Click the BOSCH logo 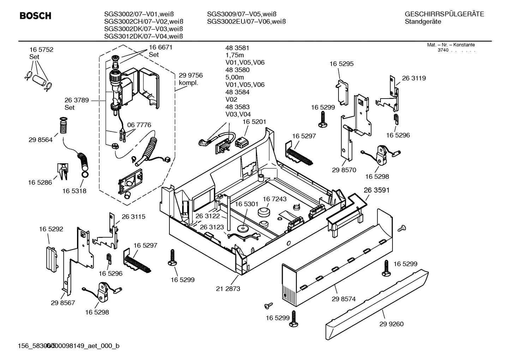pos(35,16)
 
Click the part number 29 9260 pos(391,324)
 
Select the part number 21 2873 pos(228,289)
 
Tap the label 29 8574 pos(343,299)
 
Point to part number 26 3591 pos(377,190)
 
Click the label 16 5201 pos(254,122)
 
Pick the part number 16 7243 pos(275,199)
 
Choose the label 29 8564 pos(41,140)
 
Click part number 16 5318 pos(74,191)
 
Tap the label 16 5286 pos(40,182)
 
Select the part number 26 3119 pos(414,78)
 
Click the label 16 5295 pos(341,64)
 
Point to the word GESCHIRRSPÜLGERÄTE pos(444,14)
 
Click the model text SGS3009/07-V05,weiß pos(241,14)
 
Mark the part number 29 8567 pos(63,303)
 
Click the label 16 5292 pos(51,229)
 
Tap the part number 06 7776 pos(139,125)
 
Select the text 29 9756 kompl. pos(191,79)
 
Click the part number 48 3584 pos(237,92)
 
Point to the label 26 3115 pos(133,217)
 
